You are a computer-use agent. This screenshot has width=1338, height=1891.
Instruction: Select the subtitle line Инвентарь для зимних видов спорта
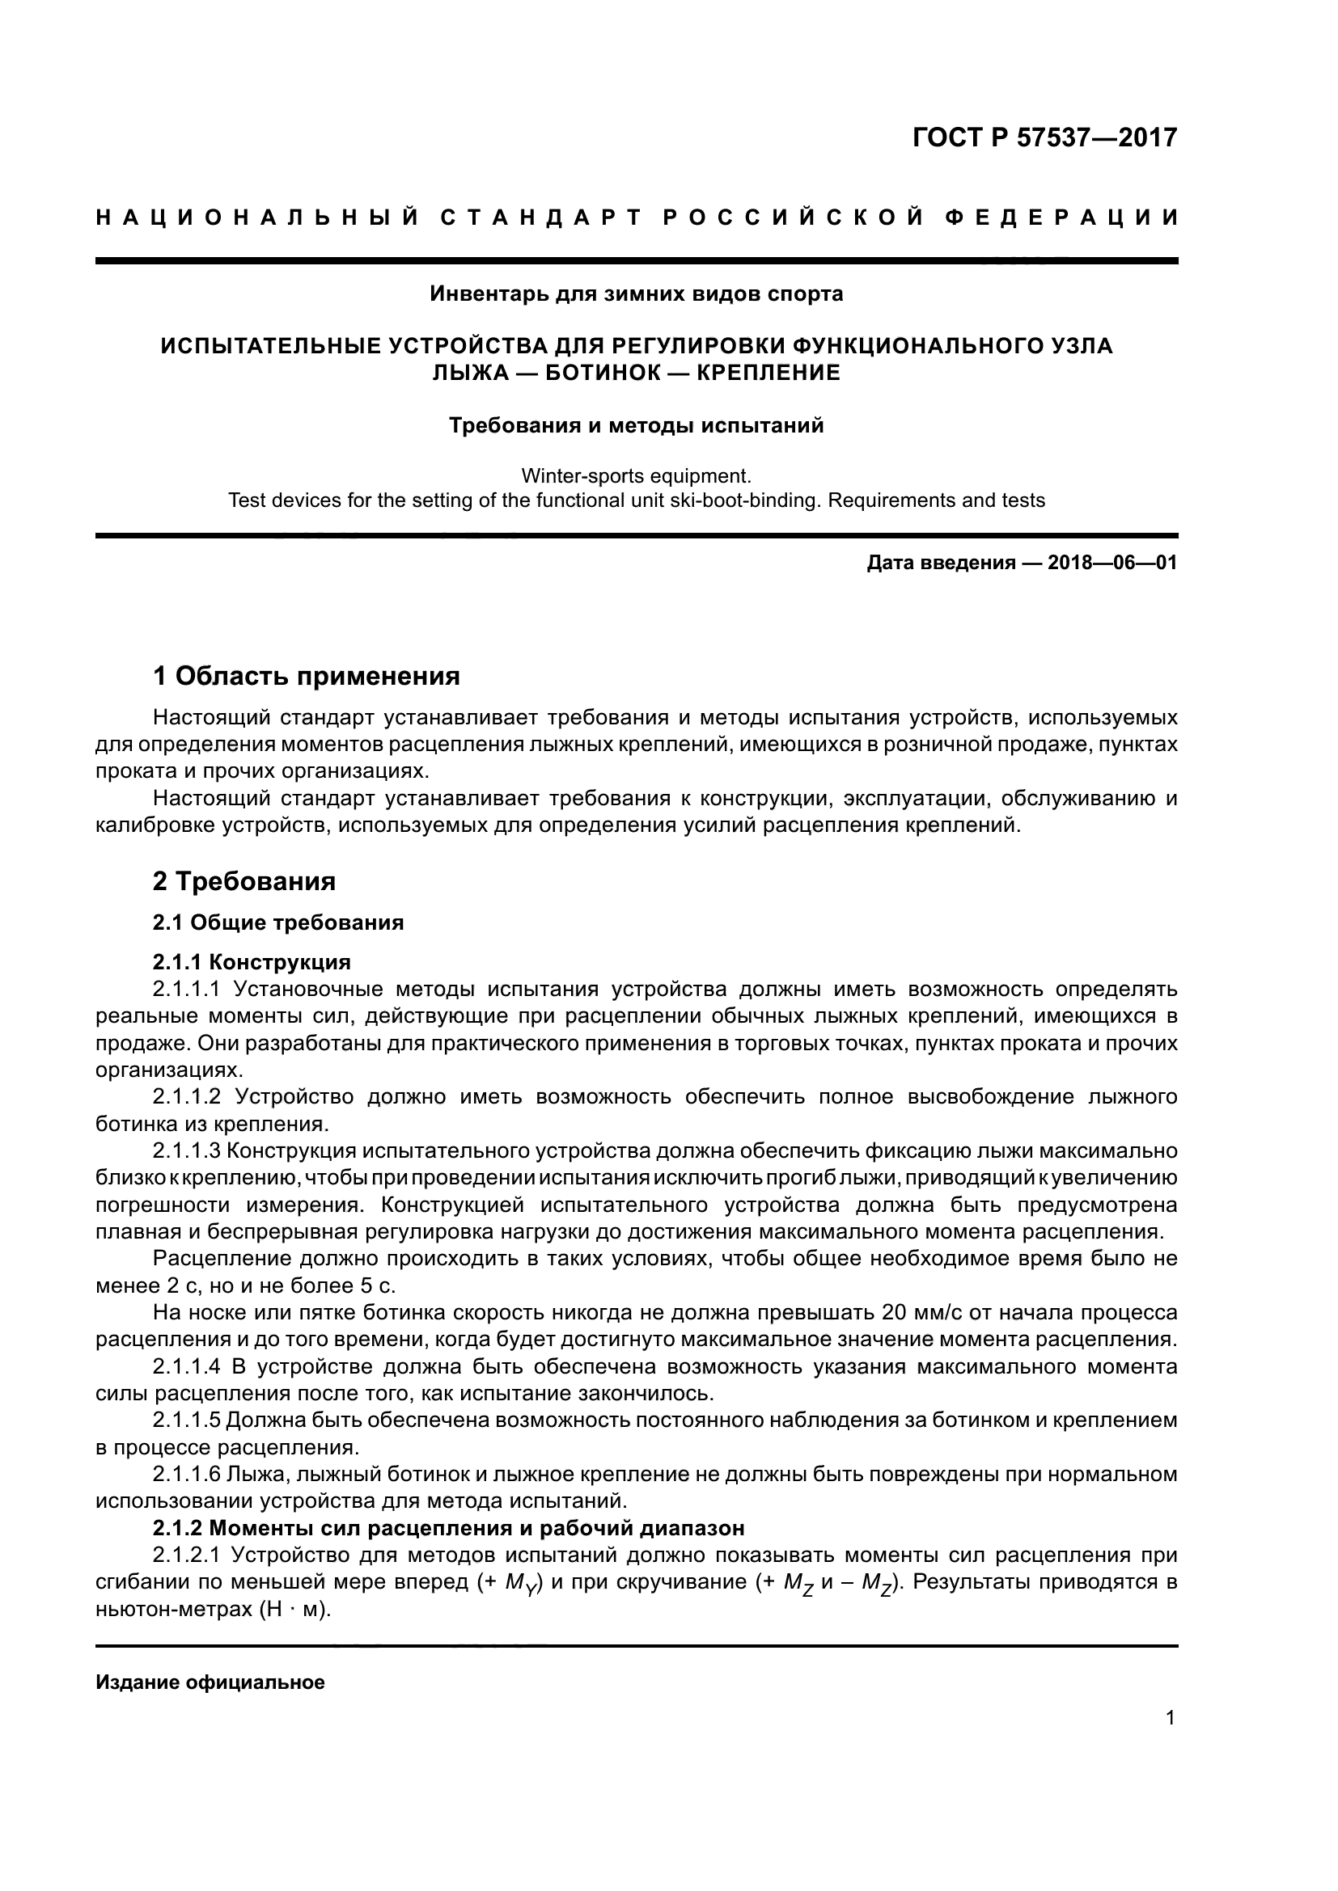(x=636, y=294)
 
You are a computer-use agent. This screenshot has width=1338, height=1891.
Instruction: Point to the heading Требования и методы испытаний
(x=636, y=426)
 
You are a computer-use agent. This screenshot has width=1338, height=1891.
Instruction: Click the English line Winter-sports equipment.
(x=636, y=476)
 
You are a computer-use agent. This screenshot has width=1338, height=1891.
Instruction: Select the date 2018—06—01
(x=1111, y=564)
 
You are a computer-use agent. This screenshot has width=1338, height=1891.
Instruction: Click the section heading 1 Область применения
(x=306, y=677)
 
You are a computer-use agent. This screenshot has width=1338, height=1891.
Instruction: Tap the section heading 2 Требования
(x=243, y=881)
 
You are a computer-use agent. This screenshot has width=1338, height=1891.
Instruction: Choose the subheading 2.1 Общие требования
(x=277, y=922)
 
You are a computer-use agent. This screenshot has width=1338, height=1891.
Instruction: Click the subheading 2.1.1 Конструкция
(x=252, y=962)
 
